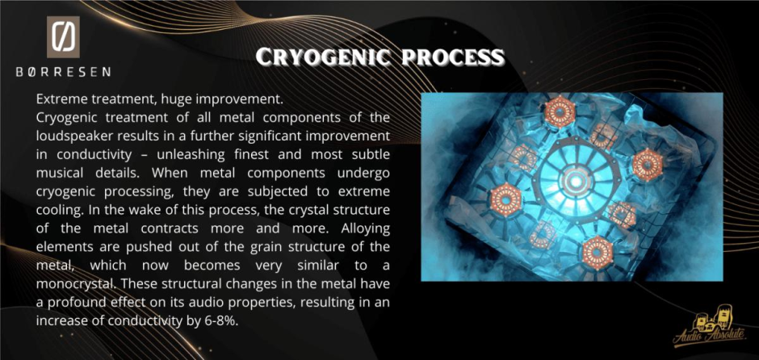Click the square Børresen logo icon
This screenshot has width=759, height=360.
64,37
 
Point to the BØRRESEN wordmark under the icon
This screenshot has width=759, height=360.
64,72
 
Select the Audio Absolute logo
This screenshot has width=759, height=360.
710,327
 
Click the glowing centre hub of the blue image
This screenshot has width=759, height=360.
575,181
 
